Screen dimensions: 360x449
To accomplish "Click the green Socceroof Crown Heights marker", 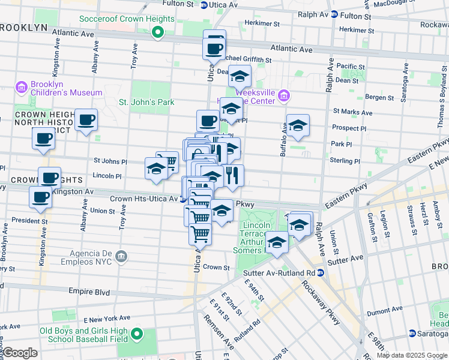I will pyautogui.click(x=158, y=32).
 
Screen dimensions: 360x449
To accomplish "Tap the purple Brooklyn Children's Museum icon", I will pyautogui.click(x=22, y=88).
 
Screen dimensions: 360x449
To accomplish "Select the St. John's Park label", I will pyautogui.click(x=146, y=102).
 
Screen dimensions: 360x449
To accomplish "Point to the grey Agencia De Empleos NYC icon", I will pyautogui.click(x=121, y=257).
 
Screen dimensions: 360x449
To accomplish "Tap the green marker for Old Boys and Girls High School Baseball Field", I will pyautogui.click(x=137, y=334).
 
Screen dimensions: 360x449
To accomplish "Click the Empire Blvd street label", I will pyautogui.click(x=89, y=292).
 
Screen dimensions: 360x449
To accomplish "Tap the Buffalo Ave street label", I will pyautogui.click(x=283, y=139).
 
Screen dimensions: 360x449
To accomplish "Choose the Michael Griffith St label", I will pyautogui.click(x=247, y=60).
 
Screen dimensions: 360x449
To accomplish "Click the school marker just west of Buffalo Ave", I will pyautogui.click(x=297, y=125).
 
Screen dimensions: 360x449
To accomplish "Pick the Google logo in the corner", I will pyautogui.click(x=20, y=353).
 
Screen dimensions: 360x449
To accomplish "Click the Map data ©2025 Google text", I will pyautogui.click(x=412, y=355).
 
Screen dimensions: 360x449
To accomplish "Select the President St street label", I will pyautogui.click(x=25, y=220).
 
